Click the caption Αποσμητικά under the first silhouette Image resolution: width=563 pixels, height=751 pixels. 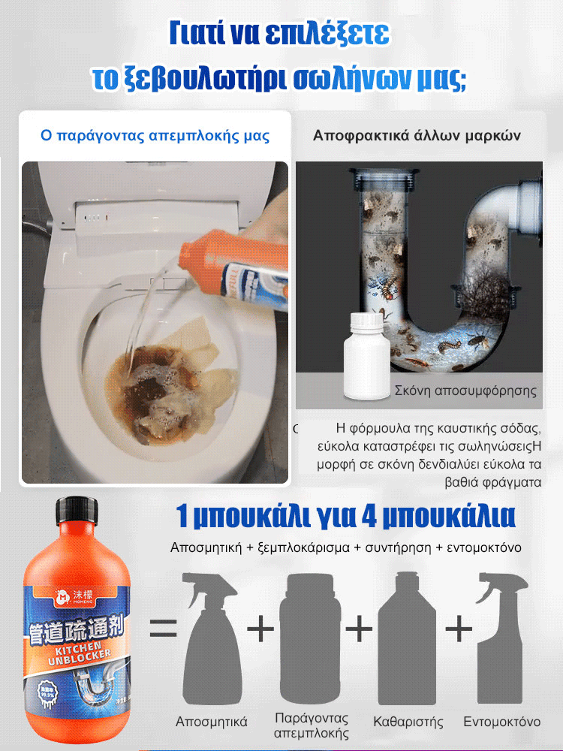point(212,722)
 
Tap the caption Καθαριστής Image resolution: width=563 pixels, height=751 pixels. point(408,722)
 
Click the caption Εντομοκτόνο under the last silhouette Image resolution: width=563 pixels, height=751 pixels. point(502,722)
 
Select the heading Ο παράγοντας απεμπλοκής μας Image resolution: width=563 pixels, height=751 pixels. point(155,136)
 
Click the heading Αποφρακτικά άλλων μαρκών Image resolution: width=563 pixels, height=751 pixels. point(417,136)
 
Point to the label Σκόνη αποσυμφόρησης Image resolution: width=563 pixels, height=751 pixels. point(466,391)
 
